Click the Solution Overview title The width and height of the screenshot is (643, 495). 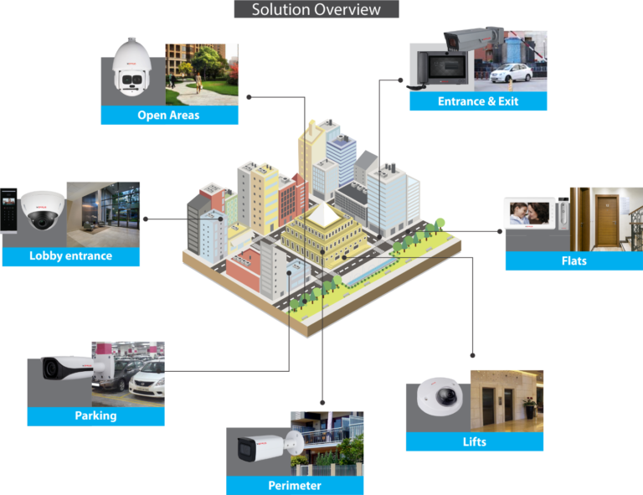coord(316,10)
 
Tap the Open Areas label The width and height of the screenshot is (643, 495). coord(169,115)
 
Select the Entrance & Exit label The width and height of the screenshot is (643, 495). coord(477,101)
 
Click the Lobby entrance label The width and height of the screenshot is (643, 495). coord(70,255)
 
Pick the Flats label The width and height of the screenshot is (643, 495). coord(574,260)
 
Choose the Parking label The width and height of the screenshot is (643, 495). coord(95,415)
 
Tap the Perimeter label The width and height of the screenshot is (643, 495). coord(295,485)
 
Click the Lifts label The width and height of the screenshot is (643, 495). coord(474,441)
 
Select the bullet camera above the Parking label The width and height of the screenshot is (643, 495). coord(71,368)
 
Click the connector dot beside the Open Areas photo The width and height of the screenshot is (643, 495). coord(249,97)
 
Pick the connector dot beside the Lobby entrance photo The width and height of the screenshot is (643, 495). coord(146,219)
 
